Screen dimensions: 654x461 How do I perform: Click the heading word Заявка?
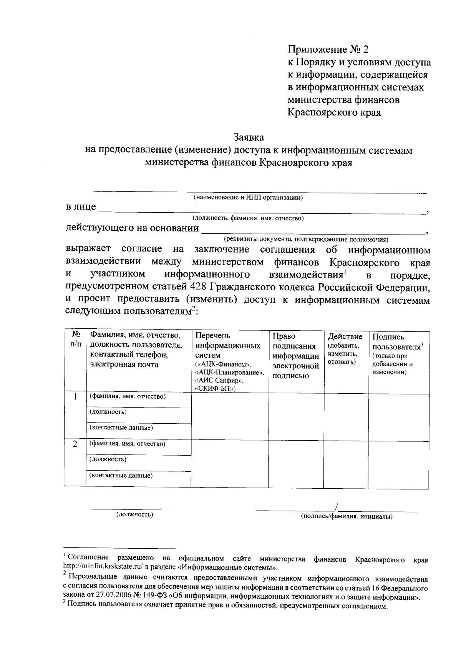[x=249, y=137]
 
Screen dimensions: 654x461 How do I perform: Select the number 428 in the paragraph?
[x=199, y=287]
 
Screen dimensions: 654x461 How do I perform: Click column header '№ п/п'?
[x=75, y=339]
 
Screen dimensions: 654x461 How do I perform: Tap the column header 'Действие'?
[x=345, y=337]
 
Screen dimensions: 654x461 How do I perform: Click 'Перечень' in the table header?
[x=212, y=336]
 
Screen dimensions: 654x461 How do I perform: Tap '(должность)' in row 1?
[x=108, y=412]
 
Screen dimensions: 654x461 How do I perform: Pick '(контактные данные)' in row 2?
[x=121, y=475]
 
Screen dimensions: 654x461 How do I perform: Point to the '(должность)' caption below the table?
[x=135, y=514]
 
